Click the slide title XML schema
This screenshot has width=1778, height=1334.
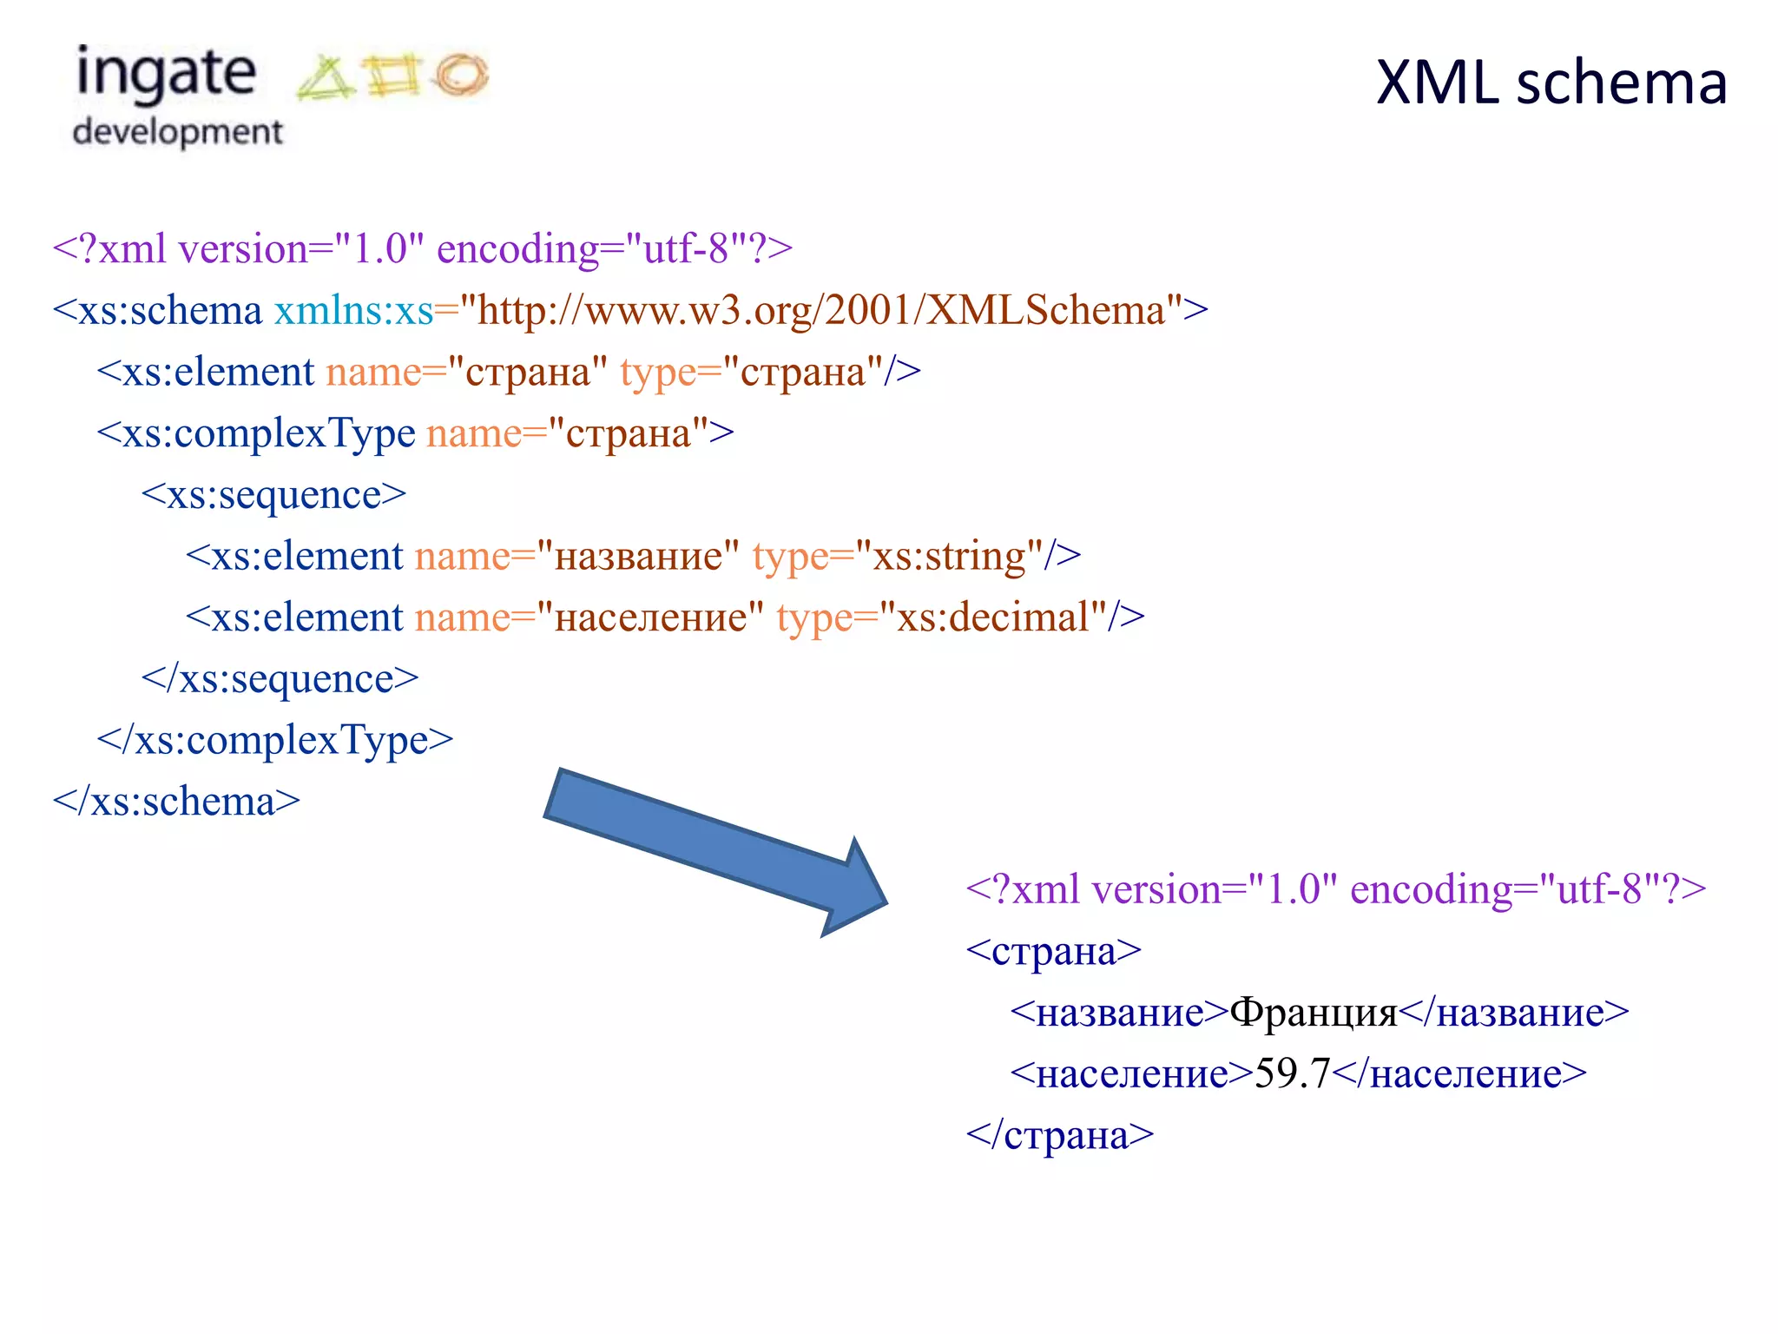click(1551, 83)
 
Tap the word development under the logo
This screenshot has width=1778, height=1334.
click(178, 132)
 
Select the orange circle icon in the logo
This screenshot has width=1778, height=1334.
click(461, 75)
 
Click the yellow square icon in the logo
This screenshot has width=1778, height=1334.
click(393, 76)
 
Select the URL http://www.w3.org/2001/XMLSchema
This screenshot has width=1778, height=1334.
click(820, 311)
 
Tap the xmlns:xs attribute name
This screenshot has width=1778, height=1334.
click(353, 311)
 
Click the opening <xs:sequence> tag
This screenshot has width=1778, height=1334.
click(273, 495)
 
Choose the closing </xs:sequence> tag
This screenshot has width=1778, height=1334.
click(280, 679)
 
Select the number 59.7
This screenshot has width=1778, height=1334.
click(1293, 1074)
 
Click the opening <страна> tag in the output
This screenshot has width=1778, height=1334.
click(1054, 952)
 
